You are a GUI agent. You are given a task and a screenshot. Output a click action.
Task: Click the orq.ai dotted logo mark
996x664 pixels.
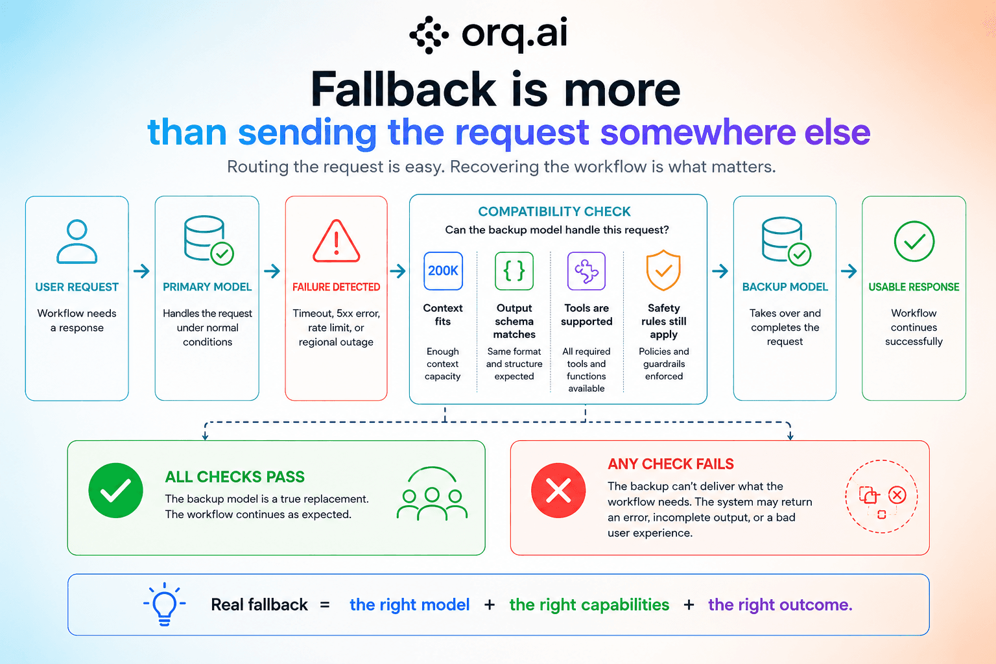(429, 34)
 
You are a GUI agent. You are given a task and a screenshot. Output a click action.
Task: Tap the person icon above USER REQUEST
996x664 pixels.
(77, 241)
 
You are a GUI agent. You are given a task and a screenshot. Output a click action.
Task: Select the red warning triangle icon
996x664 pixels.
(336, 241)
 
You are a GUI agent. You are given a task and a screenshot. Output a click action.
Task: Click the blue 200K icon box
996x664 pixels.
(443, 271)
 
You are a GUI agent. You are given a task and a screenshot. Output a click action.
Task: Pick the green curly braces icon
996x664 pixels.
(514, 271)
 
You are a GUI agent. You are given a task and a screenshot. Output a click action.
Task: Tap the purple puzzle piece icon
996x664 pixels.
(586, 271)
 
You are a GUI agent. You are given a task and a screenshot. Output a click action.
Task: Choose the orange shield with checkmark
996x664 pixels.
(663, 270)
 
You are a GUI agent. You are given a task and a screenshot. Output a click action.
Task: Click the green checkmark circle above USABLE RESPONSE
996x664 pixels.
(914, 241)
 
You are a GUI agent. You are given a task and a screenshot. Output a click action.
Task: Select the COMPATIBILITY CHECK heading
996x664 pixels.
(554, 211)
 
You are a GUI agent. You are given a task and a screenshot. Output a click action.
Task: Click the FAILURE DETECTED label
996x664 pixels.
(336, 287)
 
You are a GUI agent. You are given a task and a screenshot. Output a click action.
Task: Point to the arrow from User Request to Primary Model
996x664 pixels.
(141, 271)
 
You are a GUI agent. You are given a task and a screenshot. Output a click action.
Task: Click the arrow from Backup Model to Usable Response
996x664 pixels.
(849, 271)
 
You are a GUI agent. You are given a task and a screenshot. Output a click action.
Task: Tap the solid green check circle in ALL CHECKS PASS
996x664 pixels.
(115, 491)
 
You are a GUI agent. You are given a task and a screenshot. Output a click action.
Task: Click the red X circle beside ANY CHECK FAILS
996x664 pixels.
(558, 491)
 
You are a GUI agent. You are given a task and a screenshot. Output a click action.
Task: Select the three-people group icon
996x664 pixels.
(432, 493)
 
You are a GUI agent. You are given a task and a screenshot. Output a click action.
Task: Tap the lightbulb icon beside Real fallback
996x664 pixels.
(165, 604)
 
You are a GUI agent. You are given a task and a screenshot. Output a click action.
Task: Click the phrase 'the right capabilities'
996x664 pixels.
(589, 605)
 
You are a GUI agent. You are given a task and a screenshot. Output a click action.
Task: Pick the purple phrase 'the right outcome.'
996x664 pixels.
(780, 605)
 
